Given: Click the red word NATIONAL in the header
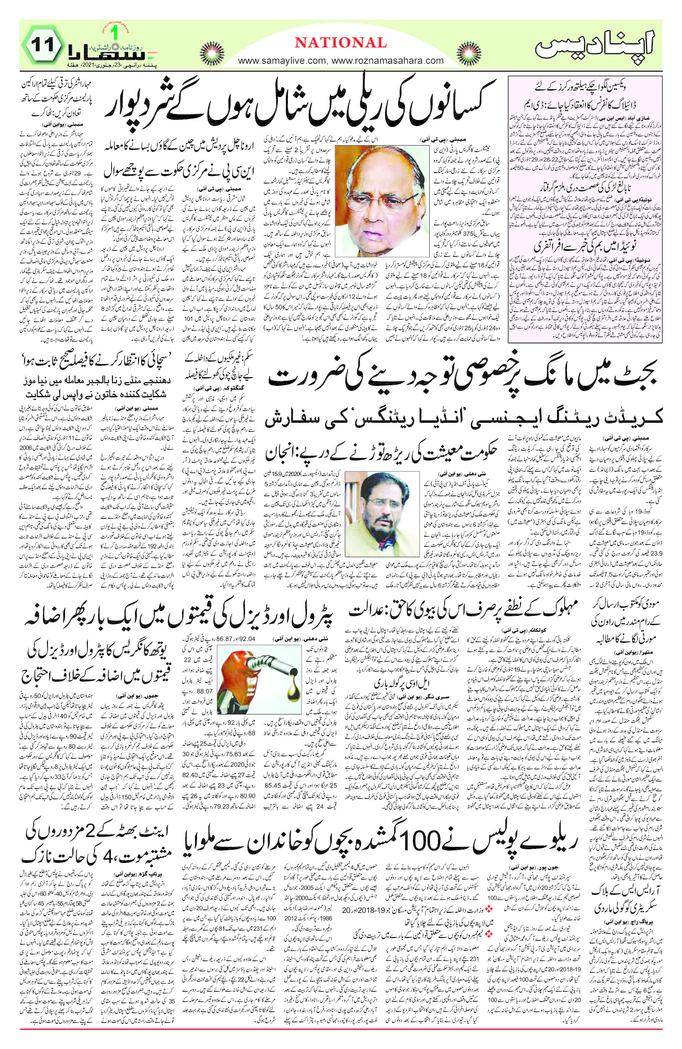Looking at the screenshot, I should (340, 43).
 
